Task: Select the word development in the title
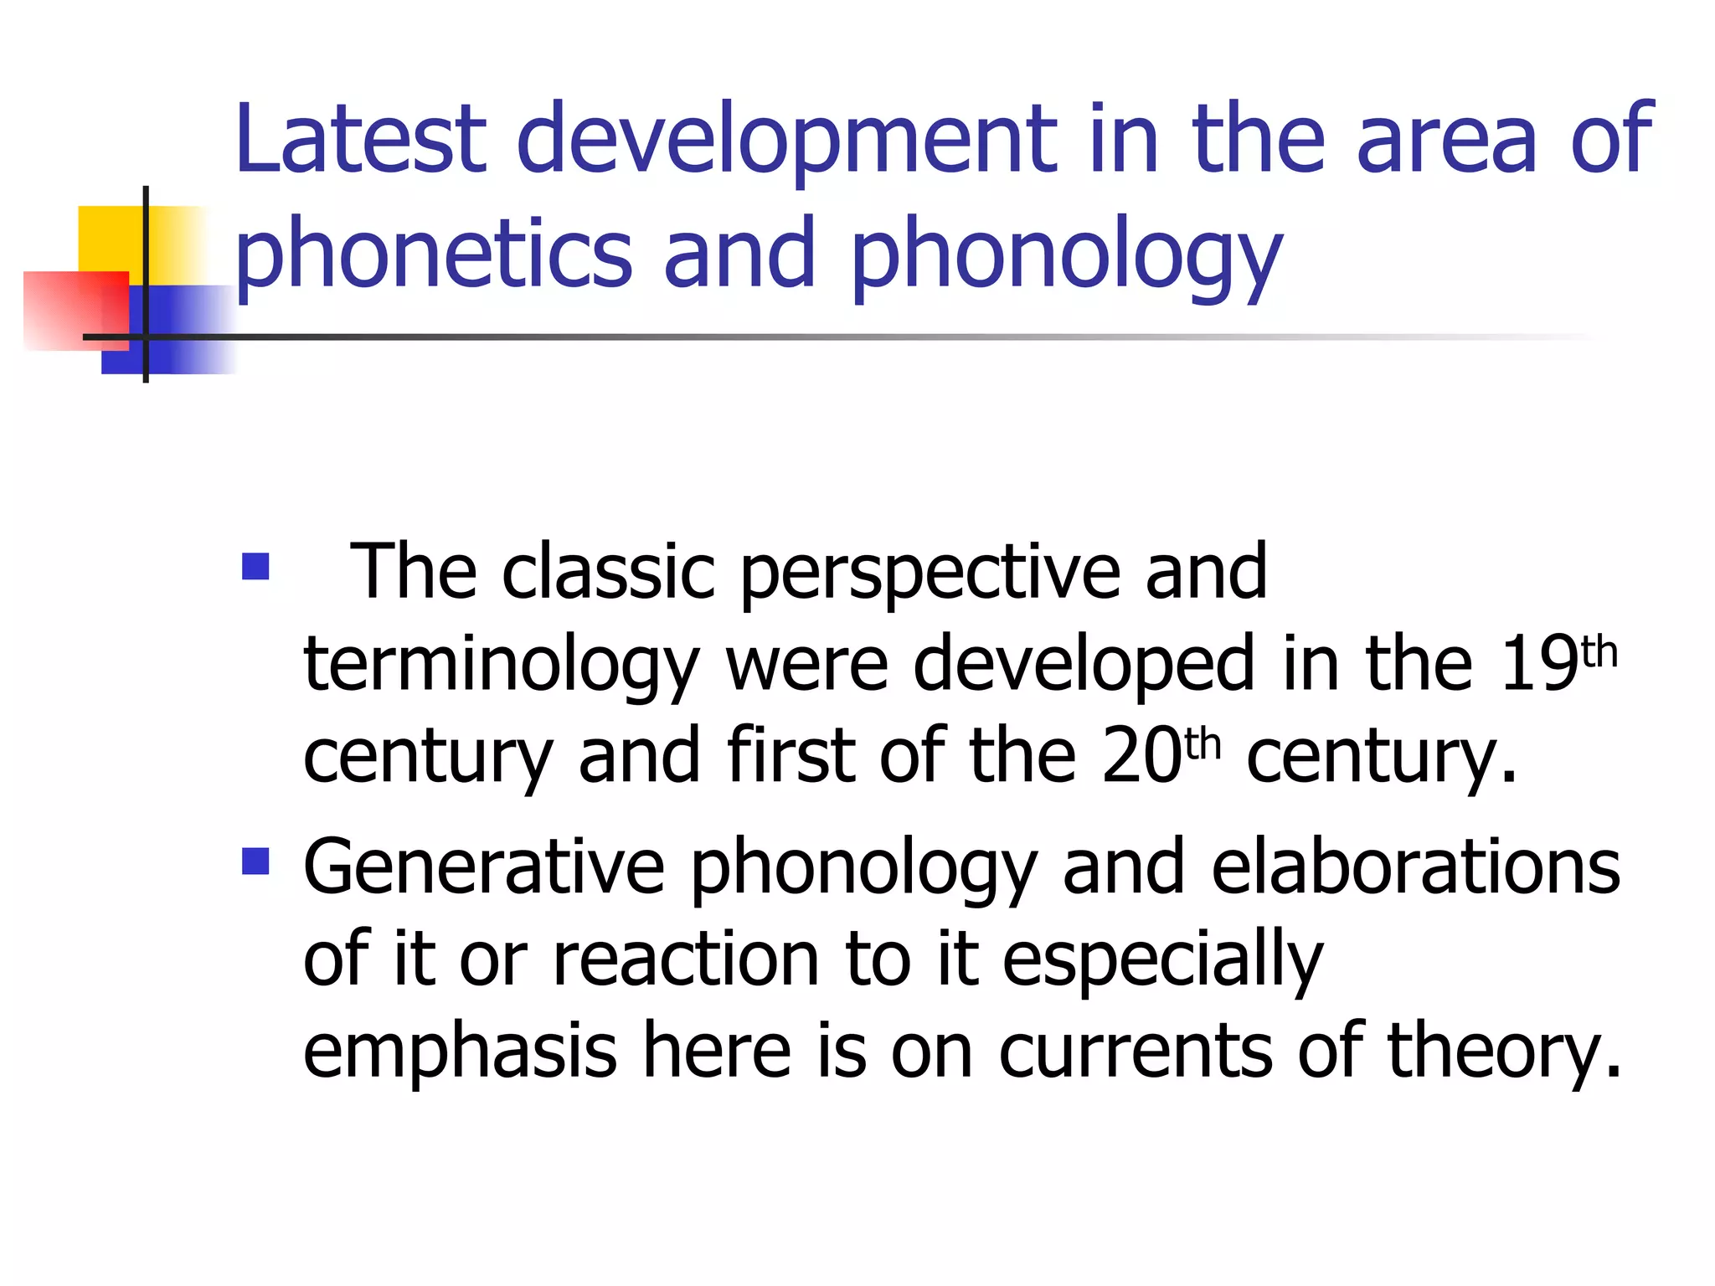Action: click(788, 141)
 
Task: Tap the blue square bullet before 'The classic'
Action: click(255, 567)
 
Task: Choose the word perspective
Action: click(930, 574)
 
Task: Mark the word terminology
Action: click(501, 666)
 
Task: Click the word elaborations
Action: click(1415, 867)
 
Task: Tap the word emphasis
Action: click(460, 1053)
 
